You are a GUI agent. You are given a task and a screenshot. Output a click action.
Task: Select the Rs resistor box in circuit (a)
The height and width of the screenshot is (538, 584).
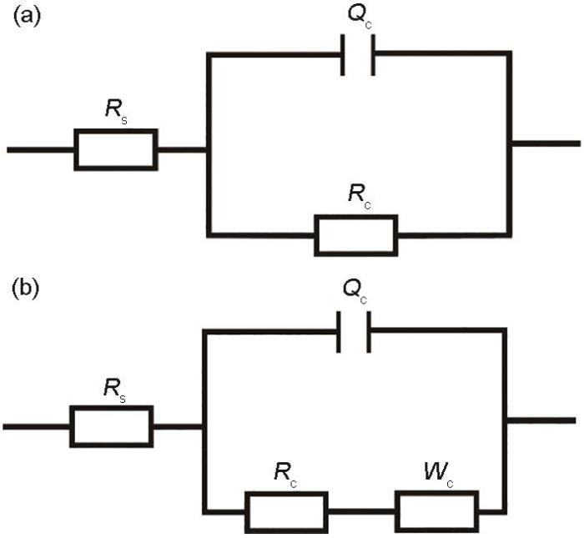tap(116, 150)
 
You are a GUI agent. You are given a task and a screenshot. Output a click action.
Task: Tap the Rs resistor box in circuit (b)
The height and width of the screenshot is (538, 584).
tap(112, 427)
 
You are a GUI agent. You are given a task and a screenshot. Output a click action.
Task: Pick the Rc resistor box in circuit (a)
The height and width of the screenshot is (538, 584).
tap(356, 235)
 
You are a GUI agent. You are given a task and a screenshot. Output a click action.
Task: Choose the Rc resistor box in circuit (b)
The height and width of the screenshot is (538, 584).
tap(286, 510)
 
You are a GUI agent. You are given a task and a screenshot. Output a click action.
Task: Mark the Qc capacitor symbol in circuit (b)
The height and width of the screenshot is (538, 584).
tap(353, 330)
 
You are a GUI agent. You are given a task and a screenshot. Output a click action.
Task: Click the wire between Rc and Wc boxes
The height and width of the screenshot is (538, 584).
tap(361, 510)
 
